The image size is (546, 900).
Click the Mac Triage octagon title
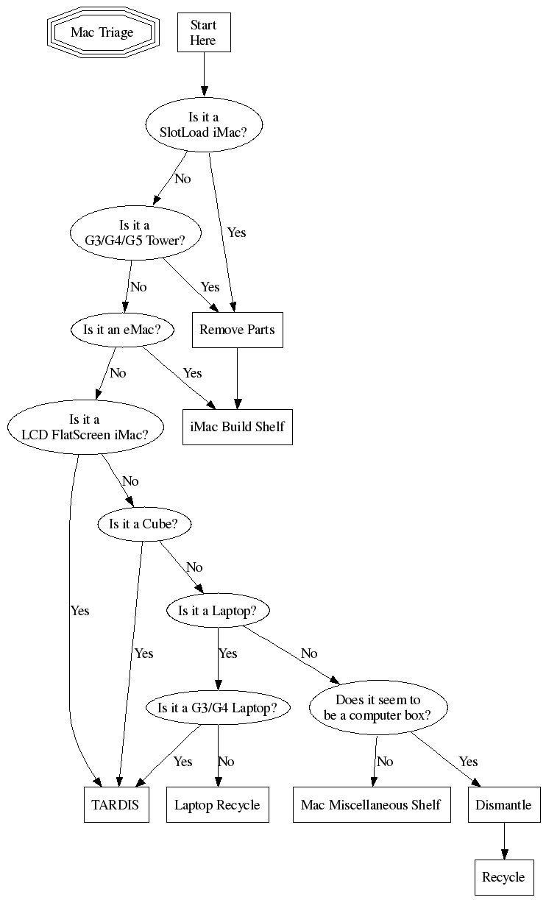pos(103,32)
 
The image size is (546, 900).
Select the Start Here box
pos(204,32)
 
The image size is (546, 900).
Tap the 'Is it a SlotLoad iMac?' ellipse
pos(204,124)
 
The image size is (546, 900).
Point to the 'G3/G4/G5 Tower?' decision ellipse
pos(135,233)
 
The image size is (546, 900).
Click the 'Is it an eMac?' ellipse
pos(122,330)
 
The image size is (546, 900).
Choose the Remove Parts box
pos(238,330)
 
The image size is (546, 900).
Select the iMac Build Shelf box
pos(238,427)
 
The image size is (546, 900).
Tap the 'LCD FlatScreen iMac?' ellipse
pos(85,427)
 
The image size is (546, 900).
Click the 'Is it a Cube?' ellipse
pos(144,524)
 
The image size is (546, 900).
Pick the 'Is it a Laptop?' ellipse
pos(218,611)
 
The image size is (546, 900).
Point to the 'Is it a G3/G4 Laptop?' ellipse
pos(218,707)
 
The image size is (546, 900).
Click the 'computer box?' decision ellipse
pos(378,707)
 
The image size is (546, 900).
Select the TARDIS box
pos(116,805)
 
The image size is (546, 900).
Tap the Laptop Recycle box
pos(218,805)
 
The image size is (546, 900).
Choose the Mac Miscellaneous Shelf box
pos(372,805)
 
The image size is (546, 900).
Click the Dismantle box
pos(504,805)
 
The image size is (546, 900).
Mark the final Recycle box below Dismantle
pos(504,877)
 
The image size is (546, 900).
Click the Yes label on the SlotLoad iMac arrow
pos(237,233)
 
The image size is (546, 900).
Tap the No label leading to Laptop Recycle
pos(226,762)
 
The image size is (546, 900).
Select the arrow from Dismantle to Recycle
pos(504,841)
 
